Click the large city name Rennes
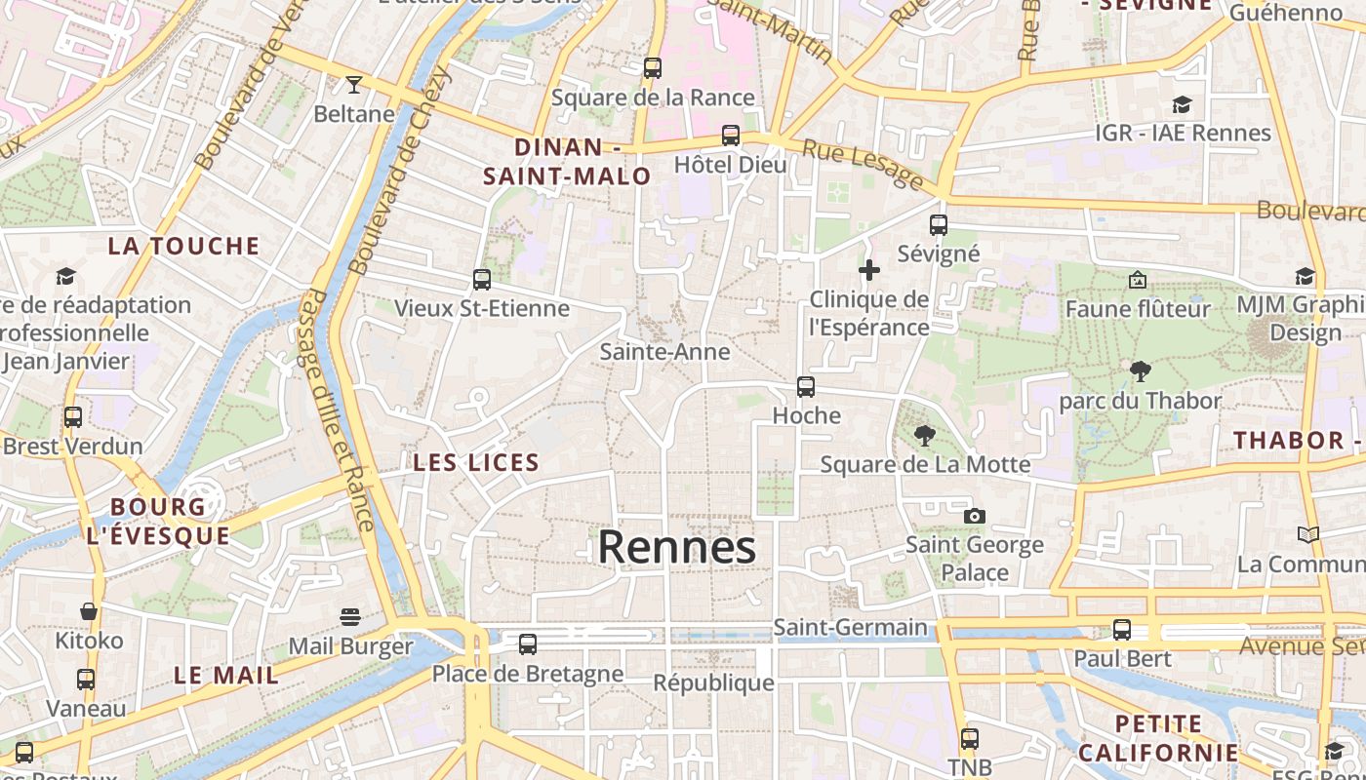point(676,547)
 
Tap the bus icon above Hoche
point(806,387)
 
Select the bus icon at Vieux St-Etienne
point(481,280)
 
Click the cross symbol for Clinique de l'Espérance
point(868,270)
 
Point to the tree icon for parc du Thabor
point(1140,371)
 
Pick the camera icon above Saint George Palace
point(974,516)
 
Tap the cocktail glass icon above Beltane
point(353,85)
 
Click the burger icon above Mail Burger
point(350,617)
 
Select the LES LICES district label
point(476,462)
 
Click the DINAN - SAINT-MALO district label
point(568,162)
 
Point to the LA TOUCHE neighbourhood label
point(184,246)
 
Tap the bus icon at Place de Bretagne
point(528,643)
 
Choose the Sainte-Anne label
point(664,351)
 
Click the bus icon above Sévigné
point(939,225)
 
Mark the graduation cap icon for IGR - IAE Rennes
point(1183,104)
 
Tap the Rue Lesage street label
point(862,164)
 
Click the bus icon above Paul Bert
point(1122,630)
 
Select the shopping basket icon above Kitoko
point(89,611)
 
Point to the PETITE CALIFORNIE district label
point(1158,738)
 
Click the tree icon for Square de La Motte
point(925,435)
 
